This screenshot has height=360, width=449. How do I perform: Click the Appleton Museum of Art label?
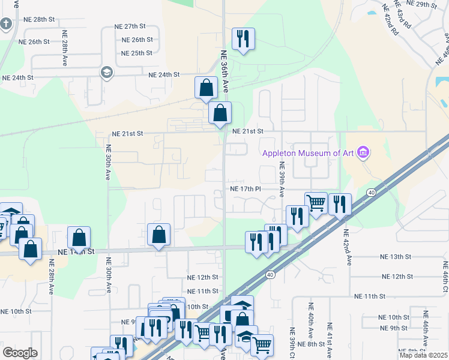pyautogui.click(x=308, y=153)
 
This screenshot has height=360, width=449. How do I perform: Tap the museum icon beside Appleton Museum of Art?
pyautogui.click(x=362, y=153)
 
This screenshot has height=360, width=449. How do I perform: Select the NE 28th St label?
pyautogui.click(x=36, y=20)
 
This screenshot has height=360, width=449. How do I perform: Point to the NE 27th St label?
pyautogui.click(x=130, y=26)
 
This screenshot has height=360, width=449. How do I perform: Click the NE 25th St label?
pyautogui.click(x=137, y=53)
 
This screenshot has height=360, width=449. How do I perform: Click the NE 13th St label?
pyautogui.click(x=395, y=256)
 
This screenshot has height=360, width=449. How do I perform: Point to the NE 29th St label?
pyautogui.click(x=420, y=4)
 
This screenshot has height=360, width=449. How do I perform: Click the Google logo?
pyautogui.click(x=20, y=353)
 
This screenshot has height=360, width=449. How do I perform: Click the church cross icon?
pyautogui.click(x=6, y=25)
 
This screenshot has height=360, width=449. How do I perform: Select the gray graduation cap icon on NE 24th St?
pyautogui.click(x=107, y=73)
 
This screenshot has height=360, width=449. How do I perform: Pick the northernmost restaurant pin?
pyautogui.click(x=243, y=40)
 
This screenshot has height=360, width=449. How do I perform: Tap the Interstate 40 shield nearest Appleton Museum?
pyautogui.click(x=372, y=192)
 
